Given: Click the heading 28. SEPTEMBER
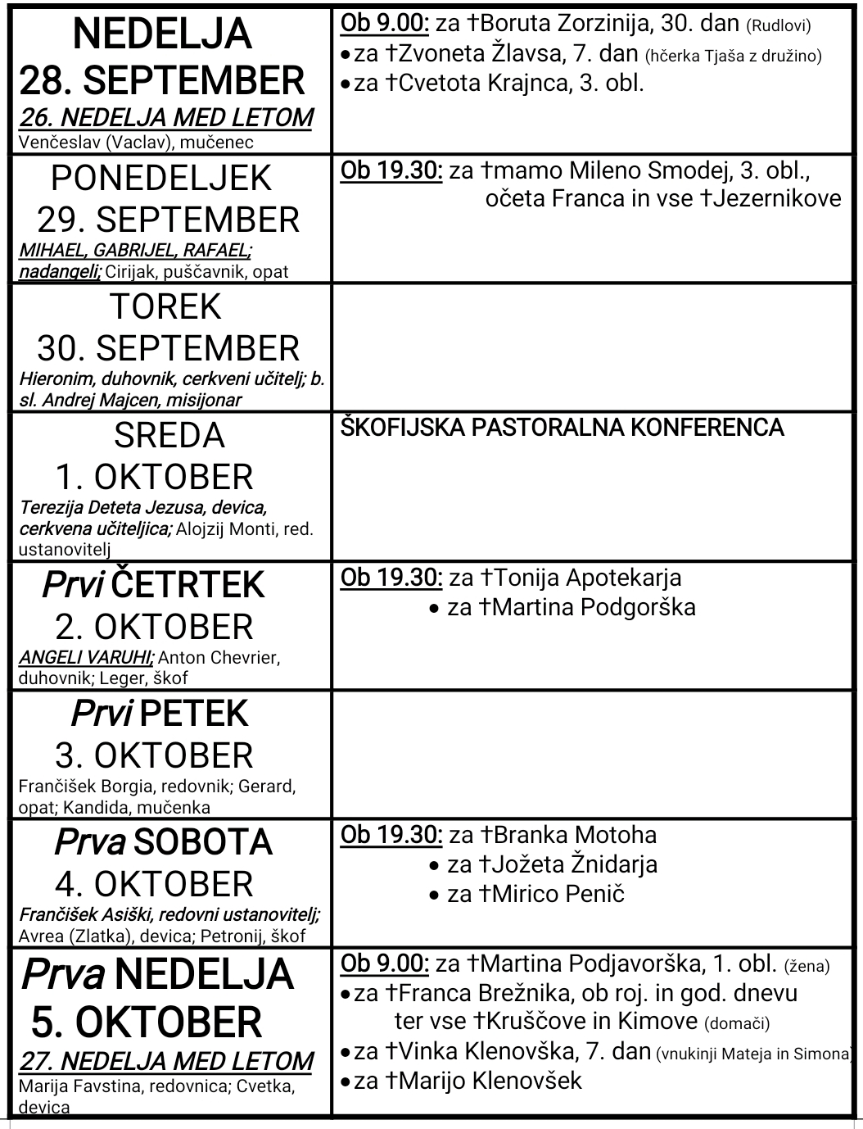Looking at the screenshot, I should [161, 81].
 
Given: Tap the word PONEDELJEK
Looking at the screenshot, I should [161, 178].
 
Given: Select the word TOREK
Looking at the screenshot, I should [165, 306].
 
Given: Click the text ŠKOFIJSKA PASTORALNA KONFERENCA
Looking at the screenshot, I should [562, 428].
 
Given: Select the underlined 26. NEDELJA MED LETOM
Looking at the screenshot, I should [165, 117].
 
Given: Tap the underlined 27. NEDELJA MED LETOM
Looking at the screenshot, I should [165, 1061].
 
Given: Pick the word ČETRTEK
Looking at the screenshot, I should [188, 585].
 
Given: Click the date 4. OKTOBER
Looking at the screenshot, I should [154, 885].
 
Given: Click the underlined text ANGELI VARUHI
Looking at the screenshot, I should [86, 657].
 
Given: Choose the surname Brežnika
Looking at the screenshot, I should [513, 993].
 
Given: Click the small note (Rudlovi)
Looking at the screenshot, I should [778, 26].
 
